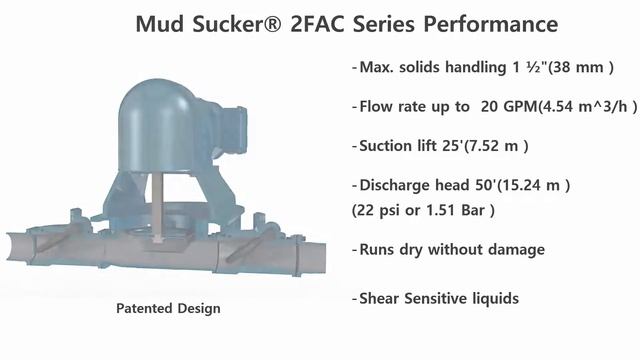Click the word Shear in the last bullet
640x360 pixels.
(380, 298)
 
